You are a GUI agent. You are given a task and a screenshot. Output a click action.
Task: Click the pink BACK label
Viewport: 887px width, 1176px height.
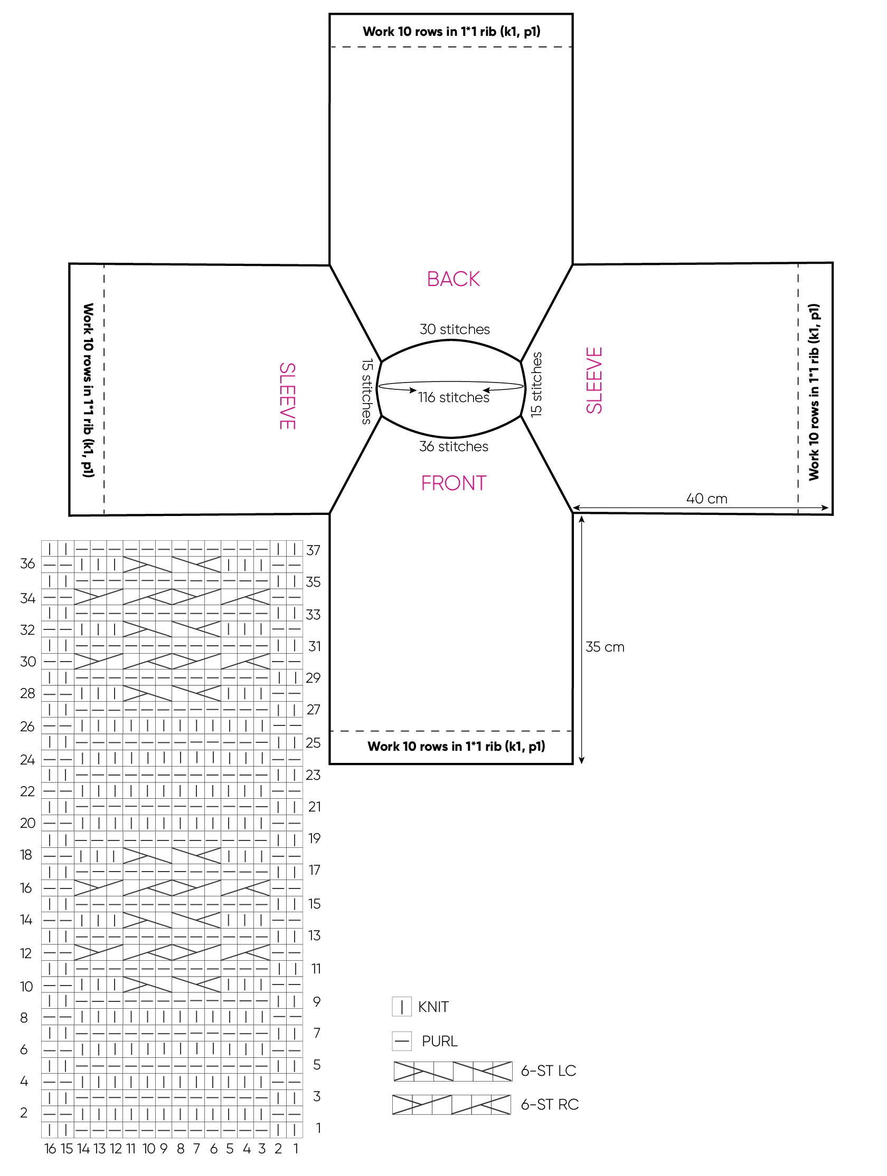[x=453, y=279]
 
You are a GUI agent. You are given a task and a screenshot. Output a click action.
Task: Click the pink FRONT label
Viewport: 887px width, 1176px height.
[x=454, y=483]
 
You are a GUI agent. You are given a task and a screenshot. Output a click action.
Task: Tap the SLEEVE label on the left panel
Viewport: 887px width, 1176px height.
[x=287, y=396]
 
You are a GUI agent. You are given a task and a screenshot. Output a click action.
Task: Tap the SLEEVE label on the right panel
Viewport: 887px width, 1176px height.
[x=595, y=380]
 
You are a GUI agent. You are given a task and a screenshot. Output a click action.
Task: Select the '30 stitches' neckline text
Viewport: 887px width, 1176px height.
[x=455, y=329]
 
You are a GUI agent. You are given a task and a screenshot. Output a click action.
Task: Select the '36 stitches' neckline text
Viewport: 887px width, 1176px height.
[x=454, y=446]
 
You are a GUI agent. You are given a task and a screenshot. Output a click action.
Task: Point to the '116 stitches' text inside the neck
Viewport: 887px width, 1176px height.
[x=454, y=397]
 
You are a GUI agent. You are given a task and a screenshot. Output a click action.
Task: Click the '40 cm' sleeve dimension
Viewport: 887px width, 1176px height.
[x=706, y=498]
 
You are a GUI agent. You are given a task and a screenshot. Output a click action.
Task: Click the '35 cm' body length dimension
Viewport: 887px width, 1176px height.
[x=605, y=646]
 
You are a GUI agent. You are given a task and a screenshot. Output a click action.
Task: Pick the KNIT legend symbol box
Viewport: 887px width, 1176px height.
[x=402, y=1007]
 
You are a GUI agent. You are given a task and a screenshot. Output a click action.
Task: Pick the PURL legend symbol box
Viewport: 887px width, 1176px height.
[x=402, y=1040]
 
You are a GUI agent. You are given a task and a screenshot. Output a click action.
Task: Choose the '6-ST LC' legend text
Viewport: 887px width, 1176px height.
[x=548, y=1070]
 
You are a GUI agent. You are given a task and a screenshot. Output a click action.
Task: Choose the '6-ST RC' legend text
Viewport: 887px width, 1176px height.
[x=549, y=1104]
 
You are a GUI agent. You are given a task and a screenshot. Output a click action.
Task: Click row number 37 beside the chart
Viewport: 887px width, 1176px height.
[x=314, y=550]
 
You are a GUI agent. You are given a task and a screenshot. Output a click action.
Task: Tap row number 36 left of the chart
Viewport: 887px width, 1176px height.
[x=27, y=563]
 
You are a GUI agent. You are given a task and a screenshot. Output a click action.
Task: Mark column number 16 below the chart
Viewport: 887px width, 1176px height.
[x=50, y=1149]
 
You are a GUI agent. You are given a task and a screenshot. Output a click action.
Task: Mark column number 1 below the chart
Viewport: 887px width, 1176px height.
[x=295, y=1149]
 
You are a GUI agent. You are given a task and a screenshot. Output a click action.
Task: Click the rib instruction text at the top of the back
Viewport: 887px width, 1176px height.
[x=451, y=31]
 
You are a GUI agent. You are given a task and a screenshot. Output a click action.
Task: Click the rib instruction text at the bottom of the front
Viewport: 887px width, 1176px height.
[x=456, y=746]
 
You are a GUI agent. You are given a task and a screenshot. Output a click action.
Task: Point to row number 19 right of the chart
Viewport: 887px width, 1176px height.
[x=315, y=838]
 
